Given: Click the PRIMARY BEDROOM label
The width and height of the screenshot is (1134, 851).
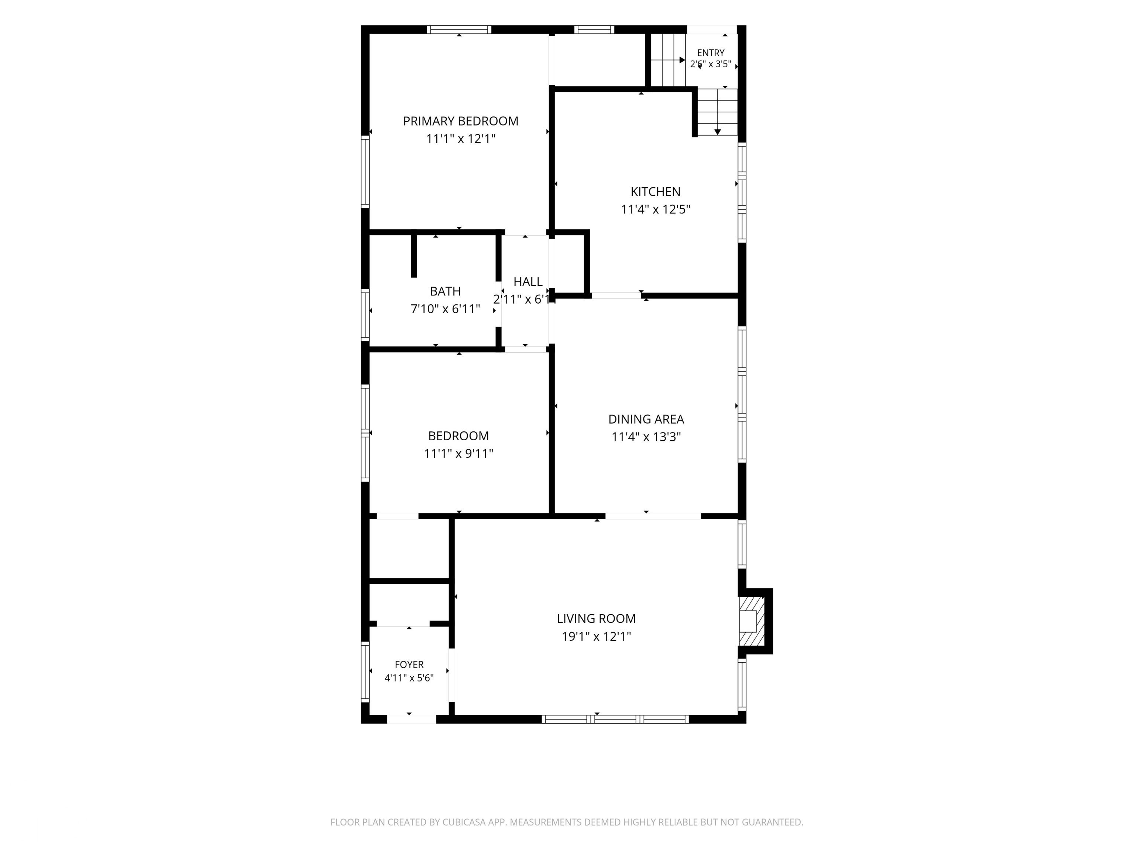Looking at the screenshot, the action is point(460,121).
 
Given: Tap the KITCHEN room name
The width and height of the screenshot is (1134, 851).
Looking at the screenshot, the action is point(655,192).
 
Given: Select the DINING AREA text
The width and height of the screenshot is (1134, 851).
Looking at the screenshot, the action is point(646,419).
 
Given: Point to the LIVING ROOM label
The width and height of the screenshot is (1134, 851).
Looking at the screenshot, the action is point(596,619).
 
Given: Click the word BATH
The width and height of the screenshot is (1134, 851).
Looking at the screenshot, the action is point(445,291).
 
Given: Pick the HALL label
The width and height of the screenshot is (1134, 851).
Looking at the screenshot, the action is point(528,281).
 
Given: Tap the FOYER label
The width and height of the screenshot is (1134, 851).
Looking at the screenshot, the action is point(409,664).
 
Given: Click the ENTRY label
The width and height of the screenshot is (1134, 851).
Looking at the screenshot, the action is point(711,53).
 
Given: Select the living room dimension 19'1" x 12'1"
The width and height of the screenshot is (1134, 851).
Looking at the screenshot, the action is point(596,636).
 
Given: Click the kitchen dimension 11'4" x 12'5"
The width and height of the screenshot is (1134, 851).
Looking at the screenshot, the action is point(655,209).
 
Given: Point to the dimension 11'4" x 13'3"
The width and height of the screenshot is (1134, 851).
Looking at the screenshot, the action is point(646,437).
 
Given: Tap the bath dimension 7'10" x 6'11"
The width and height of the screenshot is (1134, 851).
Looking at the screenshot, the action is point(445,309).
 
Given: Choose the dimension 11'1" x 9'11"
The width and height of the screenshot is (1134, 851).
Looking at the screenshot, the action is point(458,454).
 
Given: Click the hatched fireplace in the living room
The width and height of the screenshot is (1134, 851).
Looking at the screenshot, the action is point(752,621).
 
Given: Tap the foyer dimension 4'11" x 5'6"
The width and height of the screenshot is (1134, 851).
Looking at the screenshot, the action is point(409,678).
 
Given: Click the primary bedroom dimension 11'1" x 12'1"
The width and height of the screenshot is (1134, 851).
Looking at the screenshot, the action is point(460,139).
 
